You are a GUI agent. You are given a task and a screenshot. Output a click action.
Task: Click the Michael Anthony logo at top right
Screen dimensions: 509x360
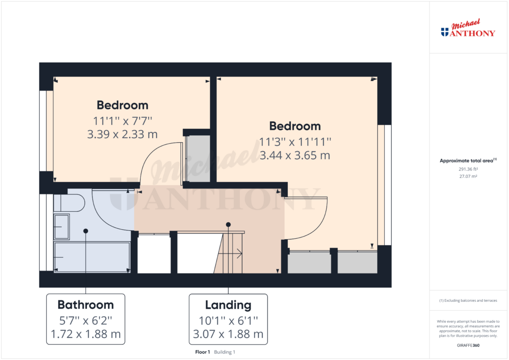coord(468,28)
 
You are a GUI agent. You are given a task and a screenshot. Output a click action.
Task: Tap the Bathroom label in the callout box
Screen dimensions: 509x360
coord(85,305)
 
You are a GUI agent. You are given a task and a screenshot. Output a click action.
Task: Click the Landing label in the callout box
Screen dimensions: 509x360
coord(228,305)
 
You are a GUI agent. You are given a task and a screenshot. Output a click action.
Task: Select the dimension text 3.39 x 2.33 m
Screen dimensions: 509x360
coord(122,134)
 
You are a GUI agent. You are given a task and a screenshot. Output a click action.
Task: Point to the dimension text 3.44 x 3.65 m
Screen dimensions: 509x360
coord(295,155)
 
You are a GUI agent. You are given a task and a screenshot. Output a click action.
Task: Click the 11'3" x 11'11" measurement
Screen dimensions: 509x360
coord(295,142)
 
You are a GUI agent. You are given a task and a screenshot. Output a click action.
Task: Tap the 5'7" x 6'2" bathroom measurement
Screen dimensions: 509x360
coord(85,321)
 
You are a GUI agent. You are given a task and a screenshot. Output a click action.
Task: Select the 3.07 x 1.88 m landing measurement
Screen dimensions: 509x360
coord(228,334)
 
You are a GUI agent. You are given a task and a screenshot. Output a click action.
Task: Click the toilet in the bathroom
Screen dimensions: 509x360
coord(69,203)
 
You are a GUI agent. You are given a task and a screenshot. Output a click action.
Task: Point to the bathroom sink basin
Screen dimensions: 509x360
coord(61,227)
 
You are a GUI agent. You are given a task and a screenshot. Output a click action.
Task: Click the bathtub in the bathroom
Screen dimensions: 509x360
coord(92,257)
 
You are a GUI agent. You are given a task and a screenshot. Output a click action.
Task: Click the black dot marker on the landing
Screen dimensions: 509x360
coord(228,225)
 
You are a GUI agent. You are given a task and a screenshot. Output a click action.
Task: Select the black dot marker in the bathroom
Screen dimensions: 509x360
coord(85,231)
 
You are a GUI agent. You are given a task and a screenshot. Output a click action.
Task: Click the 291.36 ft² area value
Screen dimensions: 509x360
coord(468,169)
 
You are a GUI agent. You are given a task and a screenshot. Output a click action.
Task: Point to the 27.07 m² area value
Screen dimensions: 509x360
coord(468,176)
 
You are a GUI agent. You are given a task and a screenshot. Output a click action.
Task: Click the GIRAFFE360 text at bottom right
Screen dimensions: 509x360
coord(468,346)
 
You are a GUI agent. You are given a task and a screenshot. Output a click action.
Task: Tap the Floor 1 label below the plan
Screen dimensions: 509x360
coord(203,352)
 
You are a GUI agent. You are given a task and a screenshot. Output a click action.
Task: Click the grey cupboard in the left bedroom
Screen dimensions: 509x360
coord(197,159)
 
